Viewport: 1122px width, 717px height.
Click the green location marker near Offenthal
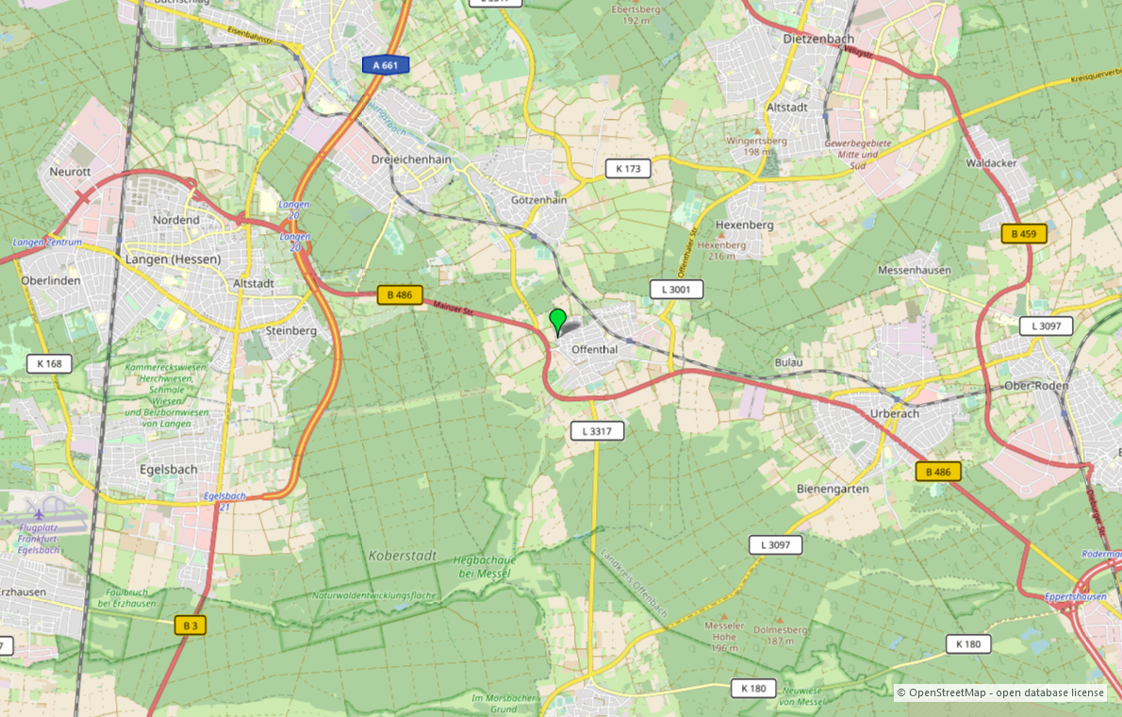click(558, 321)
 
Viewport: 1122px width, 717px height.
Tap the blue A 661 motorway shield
click(386, 65)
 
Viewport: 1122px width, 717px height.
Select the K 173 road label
click(628, 169)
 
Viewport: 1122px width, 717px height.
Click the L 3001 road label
click(676, 289)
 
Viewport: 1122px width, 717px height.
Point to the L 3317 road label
click(597, 431)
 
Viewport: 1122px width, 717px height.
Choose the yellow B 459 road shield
click(1024, 233)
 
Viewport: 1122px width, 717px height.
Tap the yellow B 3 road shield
click(190, 625)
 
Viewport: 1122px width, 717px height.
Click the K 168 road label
click(49, 363)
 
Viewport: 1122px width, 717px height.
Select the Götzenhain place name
click(538, 200)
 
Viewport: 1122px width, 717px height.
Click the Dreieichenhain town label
click(412, 159)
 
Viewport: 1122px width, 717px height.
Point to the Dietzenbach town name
click(818, 39)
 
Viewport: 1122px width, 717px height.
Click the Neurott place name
click(70, 172)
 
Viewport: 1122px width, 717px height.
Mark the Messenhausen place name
click(914, 270)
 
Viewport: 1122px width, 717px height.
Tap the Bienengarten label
click(833, 490)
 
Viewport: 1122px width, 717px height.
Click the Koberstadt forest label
click(403, 556)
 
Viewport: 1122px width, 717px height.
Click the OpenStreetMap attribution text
click(999, 692)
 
